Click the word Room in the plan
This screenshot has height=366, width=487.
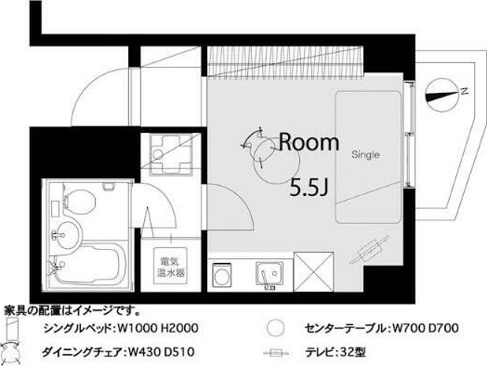(x=309, y=142)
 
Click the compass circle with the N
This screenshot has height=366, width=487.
(x=442, y=93)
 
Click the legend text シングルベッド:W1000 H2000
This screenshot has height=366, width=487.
(x=120, y=329)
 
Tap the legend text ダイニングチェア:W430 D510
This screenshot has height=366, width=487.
(x=120, y=353)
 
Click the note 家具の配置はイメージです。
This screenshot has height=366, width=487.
(x=72, y=309)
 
